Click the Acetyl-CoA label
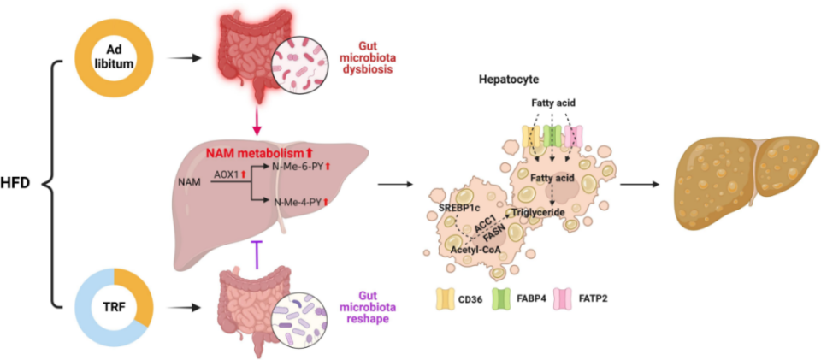[473, 249]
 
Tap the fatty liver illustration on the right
[735, 184]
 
